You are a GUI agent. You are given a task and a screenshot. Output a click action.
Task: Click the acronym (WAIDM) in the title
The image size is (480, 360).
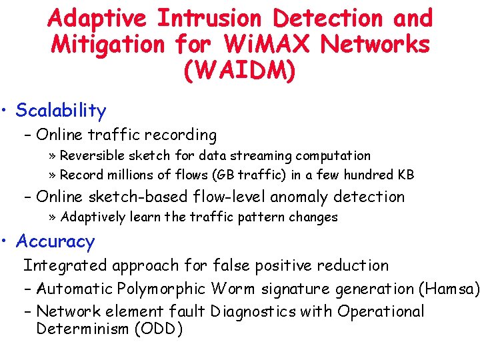pyautogui.click(x=240, y=71)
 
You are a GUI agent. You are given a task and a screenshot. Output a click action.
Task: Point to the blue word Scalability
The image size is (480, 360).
pyautogui.click(x=61, y=110)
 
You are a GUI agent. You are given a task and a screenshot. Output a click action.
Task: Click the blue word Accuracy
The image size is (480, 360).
pyautogui.click(x=55, y=241)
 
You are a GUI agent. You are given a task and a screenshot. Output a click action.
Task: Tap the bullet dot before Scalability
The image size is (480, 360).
pyautogui.click(x=6, y=110)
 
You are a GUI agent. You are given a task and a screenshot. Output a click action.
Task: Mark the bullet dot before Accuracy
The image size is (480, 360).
pyautogui.click(x=6, y=241)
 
